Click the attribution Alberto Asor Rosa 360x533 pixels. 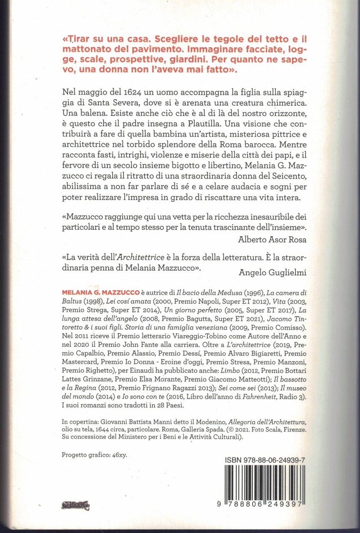tap(273, 239)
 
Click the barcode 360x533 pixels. tap(265, 485)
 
